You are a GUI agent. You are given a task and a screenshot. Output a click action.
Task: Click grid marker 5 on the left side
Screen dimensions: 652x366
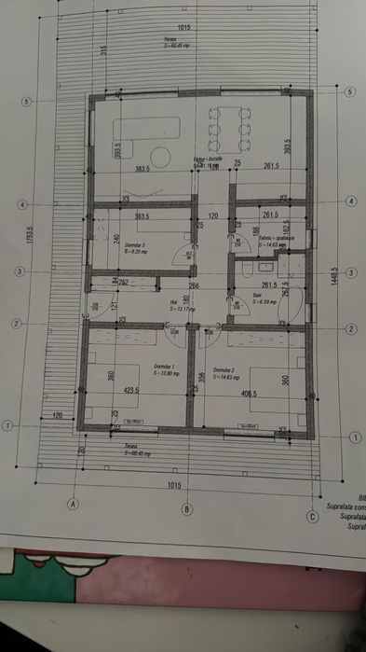point(29,102)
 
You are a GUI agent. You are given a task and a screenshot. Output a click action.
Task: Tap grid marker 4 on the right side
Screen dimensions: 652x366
point(349,201)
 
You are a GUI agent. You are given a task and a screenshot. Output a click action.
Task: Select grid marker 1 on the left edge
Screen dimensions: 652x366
point(7,425)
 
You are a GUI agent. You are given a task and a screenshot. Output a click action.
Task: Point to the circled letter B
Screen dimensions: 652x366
point(186,508)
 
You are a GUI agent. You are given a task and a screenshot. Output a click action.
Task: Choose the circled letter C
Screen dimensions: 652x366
point(312,515)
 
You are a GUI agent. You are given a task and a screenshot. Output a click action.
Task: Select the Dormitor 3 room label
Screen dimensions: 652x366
point(136,247)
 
